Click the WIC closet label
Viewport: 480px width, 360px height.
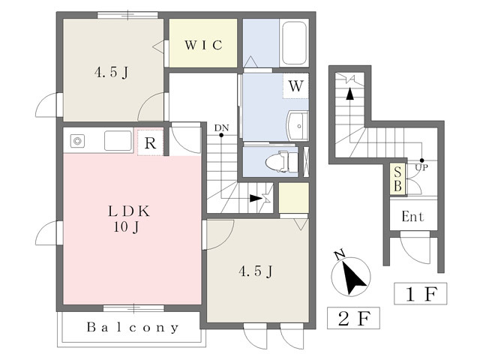pyautogui.click(x=203, y=45)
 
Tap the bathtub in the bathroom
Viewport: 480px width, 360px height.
pyautogui.click(x=294, y=43)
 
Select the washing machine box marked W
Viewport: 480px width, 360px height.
pyautogui.click(x=295, y=86)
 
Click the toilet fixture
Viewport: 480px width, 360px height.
pyautogui.click(x=282, y=162)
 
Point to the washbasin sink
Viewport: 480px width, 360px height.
pyautogui.click(x=297, y=126)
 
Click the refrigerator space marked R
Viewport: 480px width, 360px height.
pyautogui.click(x=150, y=142)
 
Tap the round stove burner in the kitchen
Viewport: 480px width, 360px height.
pyautogui.click(x=77, y=141)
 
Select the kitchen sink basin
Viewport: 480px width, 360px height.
pyautogui.click(x=118, y=140)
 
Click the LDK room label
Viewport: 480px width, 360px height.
pyautogui.click(x=129, y=211)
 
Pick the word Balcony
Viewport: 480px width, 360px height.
pyautogui.click(x=133, y=328)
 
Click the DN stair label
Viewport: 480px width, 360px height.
pyautogui.click(x=221, y=127)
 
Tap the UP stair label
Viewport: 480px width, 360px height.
pyautogui.click(x=421, y=167)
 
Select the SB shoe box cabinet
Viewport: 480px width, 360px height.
pyautogui.click(x=397, y=179)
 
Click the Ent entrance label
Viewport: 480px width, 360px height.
pyautogui.click(x=413, y=217)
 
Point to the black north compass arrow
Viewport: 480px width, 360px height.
pyautogui.click(x=353, y=277)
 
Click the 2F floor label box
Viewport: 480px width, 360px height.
pyautogui.click(x=353, y=318)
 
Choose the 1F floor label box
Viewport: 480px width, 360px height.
pyautogui.click(x=420, y=293)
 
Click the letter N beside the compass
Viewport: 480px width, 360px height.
pyautogui.click(x=339, y=255)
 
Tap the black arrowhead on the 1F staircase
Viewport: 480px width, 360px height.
pyautogui.click(x=349, y=94)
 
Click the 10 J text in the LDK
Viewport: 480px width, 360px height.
pyautogui.click(x=127, y=226)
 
